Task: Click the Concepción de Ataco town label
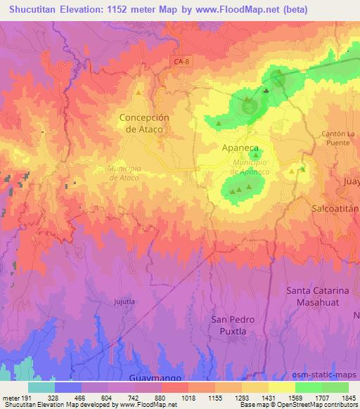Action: pos(145,124)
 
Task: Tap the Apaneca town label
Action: pos(240,149)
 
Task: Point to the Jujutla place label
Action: pos(124,301)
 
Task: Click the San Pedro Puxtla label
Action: pos(232,325)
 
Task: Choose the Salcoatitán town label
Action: pos(335,209)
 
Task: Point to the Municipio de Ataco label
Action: pos(124,173)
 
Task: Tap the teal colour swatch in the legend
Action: pos(41,387)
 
